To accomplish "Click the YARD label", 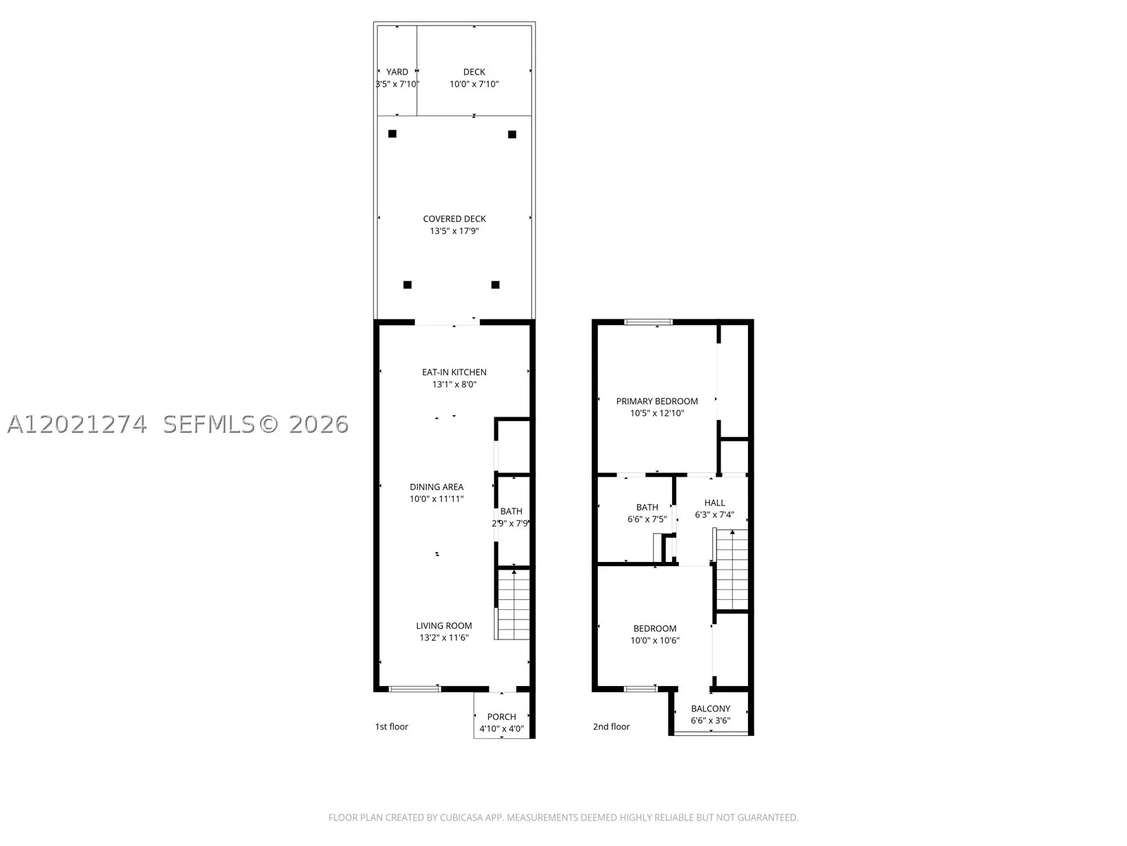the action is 397,72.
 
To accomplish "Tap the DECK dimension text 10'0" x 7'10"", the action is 474,84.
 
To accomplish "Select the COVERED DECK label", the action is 454,219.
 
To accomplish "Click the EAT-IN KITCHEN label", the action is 454,372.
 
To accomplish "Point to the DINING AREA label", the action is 437,487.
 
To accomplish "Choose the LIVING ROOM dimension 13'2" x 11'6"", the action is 444,638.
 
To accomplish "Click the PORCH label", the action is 502,717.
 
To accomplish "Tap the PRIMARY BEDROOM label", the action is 657,402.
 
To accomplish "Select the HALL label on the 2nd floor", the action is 715,503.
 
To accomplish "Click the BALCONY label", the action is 711,709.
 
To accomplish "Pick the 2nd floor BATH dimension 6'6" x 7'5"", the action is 647,520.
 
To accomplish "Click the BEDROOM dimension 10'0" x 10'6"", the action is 655,641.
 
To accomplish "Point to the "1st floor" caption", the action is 391,727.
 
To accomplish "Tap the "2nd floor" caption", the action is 611,727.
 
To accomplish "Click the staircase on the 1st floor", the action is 512,604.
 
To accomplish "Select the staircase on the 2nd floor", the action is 731,570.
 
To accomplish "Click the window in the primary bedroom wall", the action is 649,322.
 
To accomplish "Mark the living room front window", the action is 415,689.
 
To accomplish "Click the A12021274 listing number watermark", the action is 77,425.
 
